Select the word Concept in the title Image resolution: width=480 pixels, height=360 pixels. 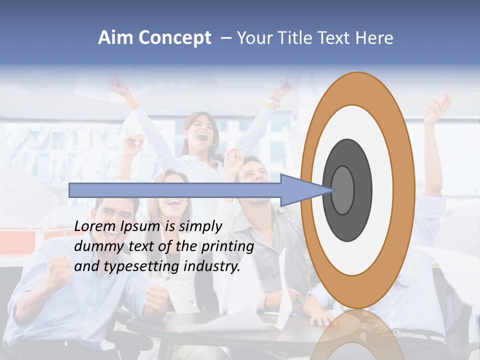click(175, 38)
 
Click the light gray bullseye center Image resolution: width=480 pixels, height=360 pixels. click(343, 190)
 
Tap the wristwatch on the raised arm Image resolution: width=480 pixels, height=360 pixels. click(274, 102)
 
